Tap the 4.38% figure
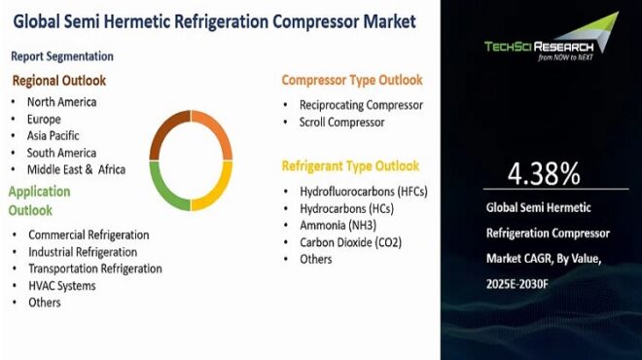544,174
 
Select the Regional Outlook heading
58,81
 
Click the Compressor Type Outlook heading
352,80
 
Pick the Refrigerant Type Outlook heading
350,165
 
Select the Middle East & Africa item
77,169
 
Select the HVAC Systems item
62,285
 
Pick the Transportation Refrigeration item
94,269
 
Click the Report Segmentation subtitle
62,56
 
